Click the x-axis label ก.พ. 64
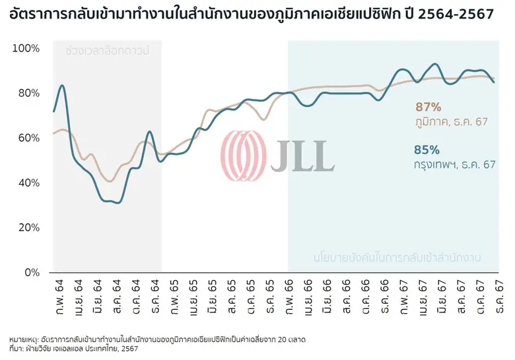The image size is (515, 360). coord(54,293)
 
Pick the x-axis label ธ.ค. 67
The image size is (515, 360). coord(495,293)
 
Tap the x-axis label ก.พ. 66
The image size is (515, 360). coord(289,293)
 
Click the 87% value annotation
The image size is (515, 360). coord(428,107)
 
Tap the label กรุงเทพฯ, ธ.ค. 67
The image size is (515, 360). coord(455,163)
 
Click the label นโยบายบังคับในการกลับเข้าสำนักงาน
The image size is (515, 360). coord(396,256)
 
